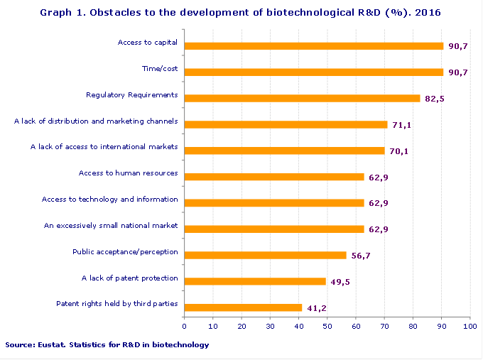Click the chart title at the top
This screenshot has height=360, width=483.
coord(241,13)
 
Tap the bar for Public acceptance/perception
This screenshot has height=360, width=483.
coord(265,255)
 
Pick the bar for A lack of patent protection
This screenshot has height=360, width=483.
coord(255,281)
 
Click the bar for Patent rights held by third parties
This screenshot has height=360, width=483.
coord(243,307)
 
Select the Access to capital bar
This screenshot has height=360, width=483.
coord(313,46)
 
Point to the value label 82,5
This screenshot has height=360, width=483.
coord(434,99)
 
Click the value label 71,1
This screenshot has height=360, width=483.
coord(401,125)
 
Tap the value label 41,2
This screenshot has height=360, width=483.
coord(316,308)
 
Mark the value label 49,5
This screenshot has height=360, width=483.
coord(340,282)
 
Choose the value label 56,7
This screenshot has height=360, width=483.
coord(361,256)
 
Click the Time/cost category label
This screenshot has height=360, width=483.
coord(160,69)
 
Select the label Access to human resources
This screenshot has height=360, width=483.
coord(128,173)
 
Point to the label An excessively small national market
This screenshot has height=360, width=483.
coord(111,226)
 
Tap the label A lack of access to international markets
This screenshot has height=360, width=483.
coord(104,147)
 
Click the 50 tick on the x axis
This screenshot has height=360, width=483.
coord(327,326)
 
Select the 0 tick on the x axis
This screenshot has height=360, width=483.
coord(185,326)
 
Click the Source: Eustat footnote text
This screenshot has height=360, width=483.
coord(107,345)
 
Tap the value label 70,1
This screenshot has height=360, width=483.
coord(398,151)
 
